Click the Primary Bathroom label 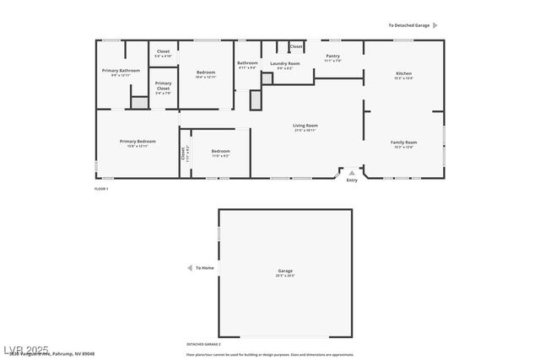(x=121, y=71)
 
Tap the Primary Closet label (x=163, y=84)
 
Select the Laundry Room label (x=284, y=64)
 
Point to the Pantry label (x=332, y=56)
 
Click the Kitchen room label (x=403, y=74)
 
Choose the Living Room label (x=305, y=126)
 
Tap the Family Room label (x=403, y=142)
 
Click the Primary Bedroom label (x=137, y=142)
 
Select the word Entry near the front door (x=352, y=180)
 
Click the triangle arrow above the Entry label (x=352, y=173)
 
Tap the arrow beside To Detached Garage (x=435, y=25)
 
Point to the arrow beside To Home (x=189, y=268)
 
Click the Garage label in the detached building (x=284, y=271)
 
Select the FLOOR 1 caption (x=101, y=189)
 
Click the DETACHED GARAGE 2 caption (x=203, y=344)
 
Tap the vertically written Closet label (x=182, y=153)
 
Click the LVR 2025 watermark (x=25, y=349)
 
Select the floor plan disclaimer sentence (x=270, y=354)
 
